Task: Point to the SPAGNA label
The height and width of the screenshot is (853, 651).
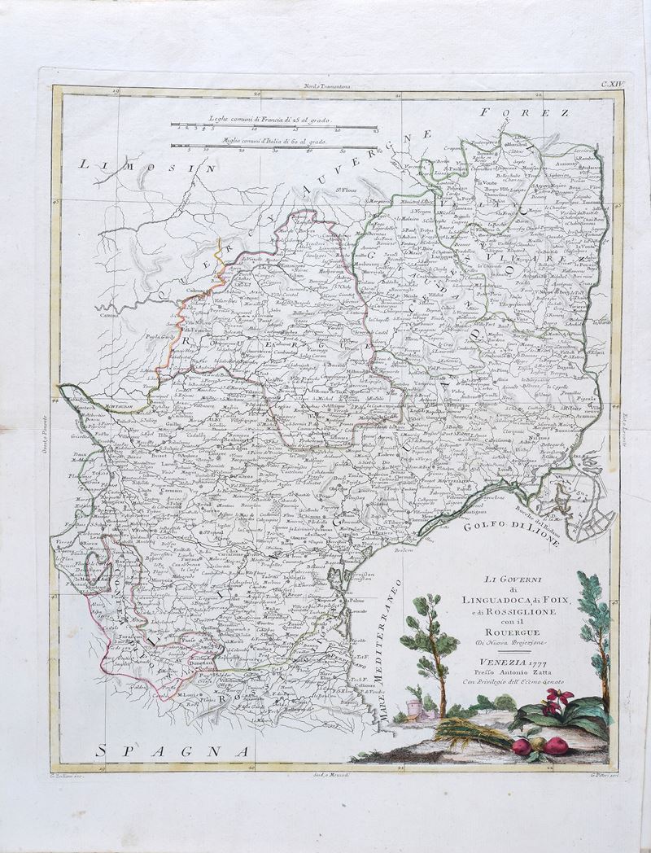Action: click(x=172, y=750)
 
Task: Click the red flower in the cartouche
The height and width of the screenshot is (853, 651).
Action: click(x=560, y=698)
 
